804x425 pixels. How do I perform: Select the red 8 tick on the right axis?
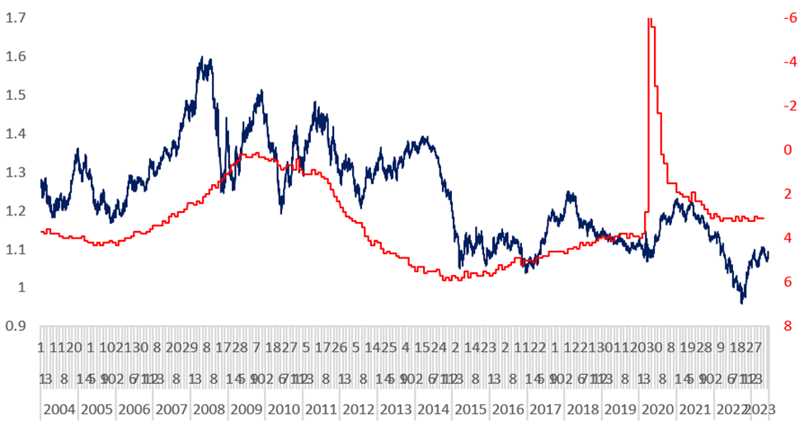(790, 326)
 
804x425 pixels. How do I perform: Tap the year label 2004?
(59, 409)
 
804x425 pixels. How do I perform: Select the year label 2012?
(358, 409)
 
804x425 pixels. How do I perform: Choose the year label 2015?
(470, 409)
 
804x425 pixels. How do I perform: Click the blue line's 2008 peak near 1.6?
(203, 58)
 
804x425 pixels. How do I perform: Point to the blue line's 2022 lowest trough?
(742, 303)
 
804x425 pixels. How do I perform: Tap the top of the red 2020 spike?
(650, 18)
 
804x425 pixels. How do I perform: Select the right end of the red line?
(764, 218)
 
